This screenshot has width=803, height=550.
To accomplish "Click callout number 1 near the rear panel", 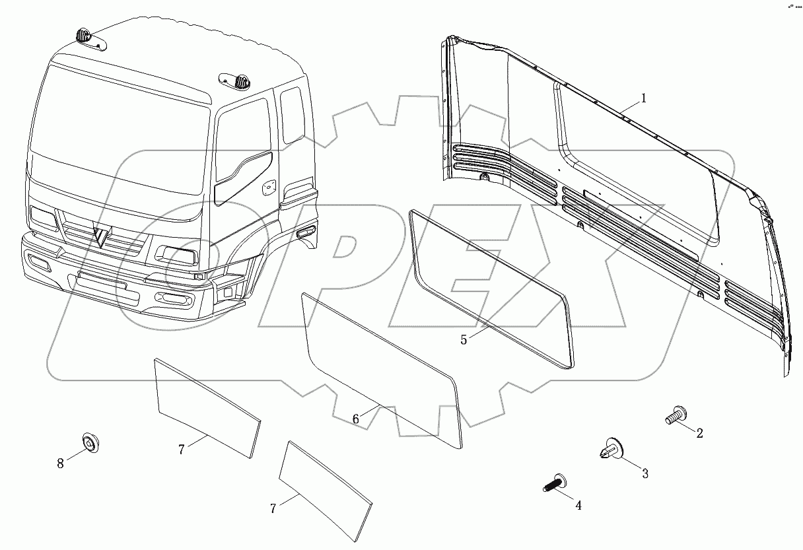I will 643,99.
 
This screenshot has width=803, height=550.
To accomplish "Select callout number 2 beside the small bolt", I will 699,433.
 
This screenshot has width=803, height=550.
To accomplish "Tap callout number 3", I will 645,473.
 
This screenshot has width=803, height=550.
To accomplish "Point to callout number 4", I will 578,505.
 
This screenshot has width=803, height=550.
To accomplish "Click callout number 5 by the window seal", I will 464,339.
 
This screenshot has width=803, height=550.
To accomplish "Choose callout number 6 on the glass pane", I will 355,419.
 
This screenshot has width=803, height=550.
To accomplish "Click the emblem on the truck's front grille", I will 100,234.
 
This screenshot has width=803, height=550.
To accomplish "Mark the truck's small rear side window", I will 292,116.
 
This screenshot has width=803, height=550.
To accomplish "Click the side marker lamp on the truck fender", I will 306,232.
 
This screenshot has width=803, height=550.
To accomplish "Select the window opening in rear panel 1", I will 634,165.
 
